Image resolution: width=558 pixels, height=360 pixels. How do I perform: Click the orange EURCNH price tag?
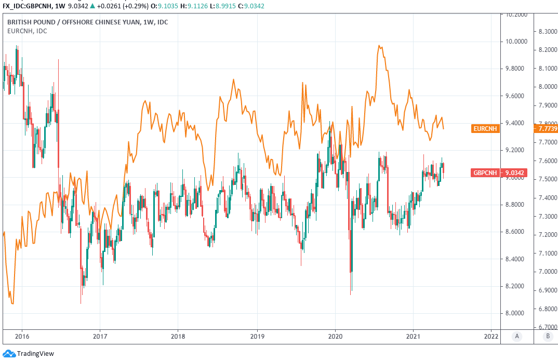485,128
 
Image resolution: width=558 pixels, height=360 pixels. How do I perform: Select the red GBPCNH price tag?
485,172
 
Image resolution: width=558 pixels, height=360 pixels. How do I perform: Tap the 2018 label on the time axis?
178,336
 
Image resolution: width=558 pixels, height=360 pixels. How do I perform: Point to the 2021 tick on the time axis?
413,336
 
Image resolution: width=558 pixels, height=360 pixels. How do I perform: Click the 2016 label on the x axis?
22,336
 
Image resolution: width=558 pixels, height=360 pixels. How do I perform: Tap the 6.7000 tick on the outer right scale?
546,327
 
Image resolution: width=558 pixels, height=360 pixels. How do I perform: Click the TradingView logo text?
35,354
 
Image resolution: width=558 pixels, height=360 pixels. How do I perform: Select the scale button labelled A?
516,336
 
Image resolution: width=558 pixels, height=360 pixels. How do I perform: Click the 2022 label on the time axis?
491,336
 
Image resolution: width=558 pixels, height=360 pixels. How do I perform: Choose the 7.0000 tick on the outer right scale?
546,272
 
